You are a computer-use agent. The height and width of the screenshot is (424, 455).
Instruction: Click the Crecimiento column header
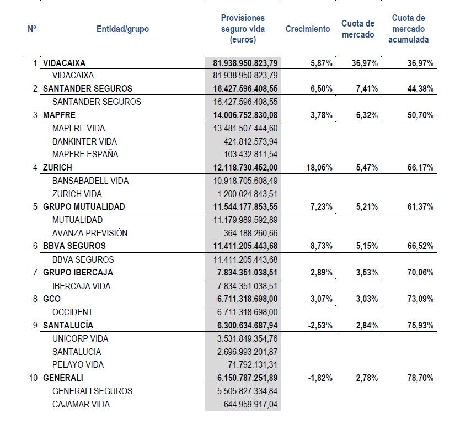coord(308,29)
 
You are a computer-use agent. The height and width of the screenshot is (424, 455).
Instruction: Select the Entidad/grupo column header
coord(122,29)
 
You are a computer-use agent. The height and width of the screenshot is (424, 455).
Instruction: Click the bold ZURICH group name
coord(57,167)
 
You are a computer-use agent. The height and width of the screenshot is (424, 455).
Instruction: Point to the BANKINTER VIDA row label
coord(85,141)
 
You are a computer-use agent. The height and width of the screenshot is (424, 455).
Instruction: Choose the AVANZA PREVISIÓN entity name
coord(90,233)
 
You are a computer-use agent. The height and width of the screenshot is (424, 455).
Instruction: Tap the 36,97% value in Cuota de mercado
coord(365,63)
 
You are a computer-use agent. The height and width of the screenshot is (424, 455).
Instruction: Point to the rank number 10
coord(33,378)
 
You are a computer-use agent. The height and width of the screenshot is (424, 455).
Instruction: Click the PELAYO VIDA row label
coord(78,364)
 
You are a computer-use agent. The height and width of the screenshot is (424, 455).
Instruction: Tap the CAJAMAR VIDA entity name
coord(81,404)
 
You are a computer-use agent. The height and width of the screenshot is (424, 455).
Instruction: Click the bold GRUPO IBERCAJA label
coord(78,273)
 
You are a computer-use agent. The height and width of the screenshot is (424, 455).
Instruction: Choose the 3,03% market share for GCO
coord(367,299)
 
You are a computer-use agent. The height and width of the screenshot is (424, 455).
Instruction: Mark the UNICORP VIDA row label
coord(81,338)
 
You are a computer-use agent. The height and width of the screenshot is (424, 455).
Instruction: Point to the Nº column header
coord(32,29)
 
